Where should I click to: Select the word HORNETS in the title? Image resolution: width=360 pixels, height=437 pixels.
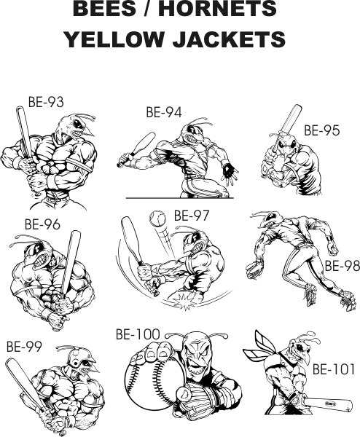point(217,8)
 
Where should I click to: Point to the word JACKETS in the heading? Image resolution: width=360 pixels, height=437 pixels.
point(230,39)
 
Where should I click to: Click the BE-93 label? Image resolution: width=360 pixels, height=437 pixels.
point(46,102)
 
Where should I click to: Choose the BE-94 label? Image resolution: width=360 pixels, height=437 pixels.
point(164,112)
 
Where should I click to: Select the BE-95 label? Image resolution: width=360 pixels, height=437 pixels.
point(322,130)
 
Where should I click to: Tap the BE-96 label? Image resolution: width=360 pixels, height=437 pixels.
point(42,224)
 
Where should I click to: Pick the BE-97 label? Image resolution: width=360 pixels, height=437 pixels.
point(191,216)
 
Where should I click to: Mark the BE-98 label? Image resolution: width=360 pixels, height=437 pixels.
point(343,266)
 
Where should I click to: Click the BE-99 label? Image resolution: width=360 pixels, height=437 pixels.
point(24,347)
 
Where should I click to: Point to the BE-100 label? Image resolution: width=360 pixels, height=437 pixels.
point(138,334)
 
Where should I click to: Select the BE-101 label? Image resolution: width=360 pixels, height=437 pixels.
point(334,369)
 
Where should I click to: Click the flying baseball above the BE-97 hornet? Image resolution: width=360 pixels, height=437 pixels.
point(158,219)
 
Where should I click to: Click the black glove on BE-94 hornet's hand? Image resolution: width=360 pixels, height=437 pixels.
point(230,169)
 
